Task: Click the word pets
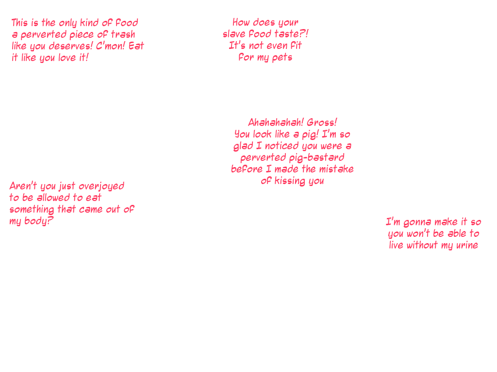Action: pos(282,58)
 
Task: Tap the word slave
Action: pos(233,34)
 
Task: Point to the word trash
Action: pos(123,34)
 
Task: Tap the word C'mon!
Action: pos(111,46)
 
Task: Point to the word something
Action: pos(30,209)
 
